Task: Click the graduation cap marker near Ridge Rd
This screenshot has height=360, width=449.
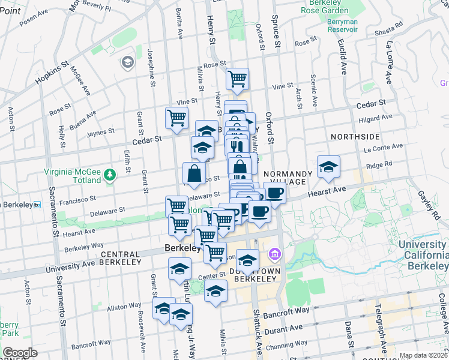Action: [328, 168]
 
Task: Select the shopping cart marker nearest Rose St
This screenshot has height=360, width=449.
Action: [238, 79]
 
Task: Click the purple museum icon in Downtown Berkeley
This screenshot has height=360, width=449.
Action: [275, 254]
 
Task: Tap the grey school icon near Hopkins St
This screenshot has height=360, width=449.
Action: [127, 62]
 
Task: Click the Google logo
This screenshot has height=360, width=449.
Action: [20, 353]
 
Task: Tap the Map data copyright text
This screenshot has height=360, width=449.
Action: [423, 355]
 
